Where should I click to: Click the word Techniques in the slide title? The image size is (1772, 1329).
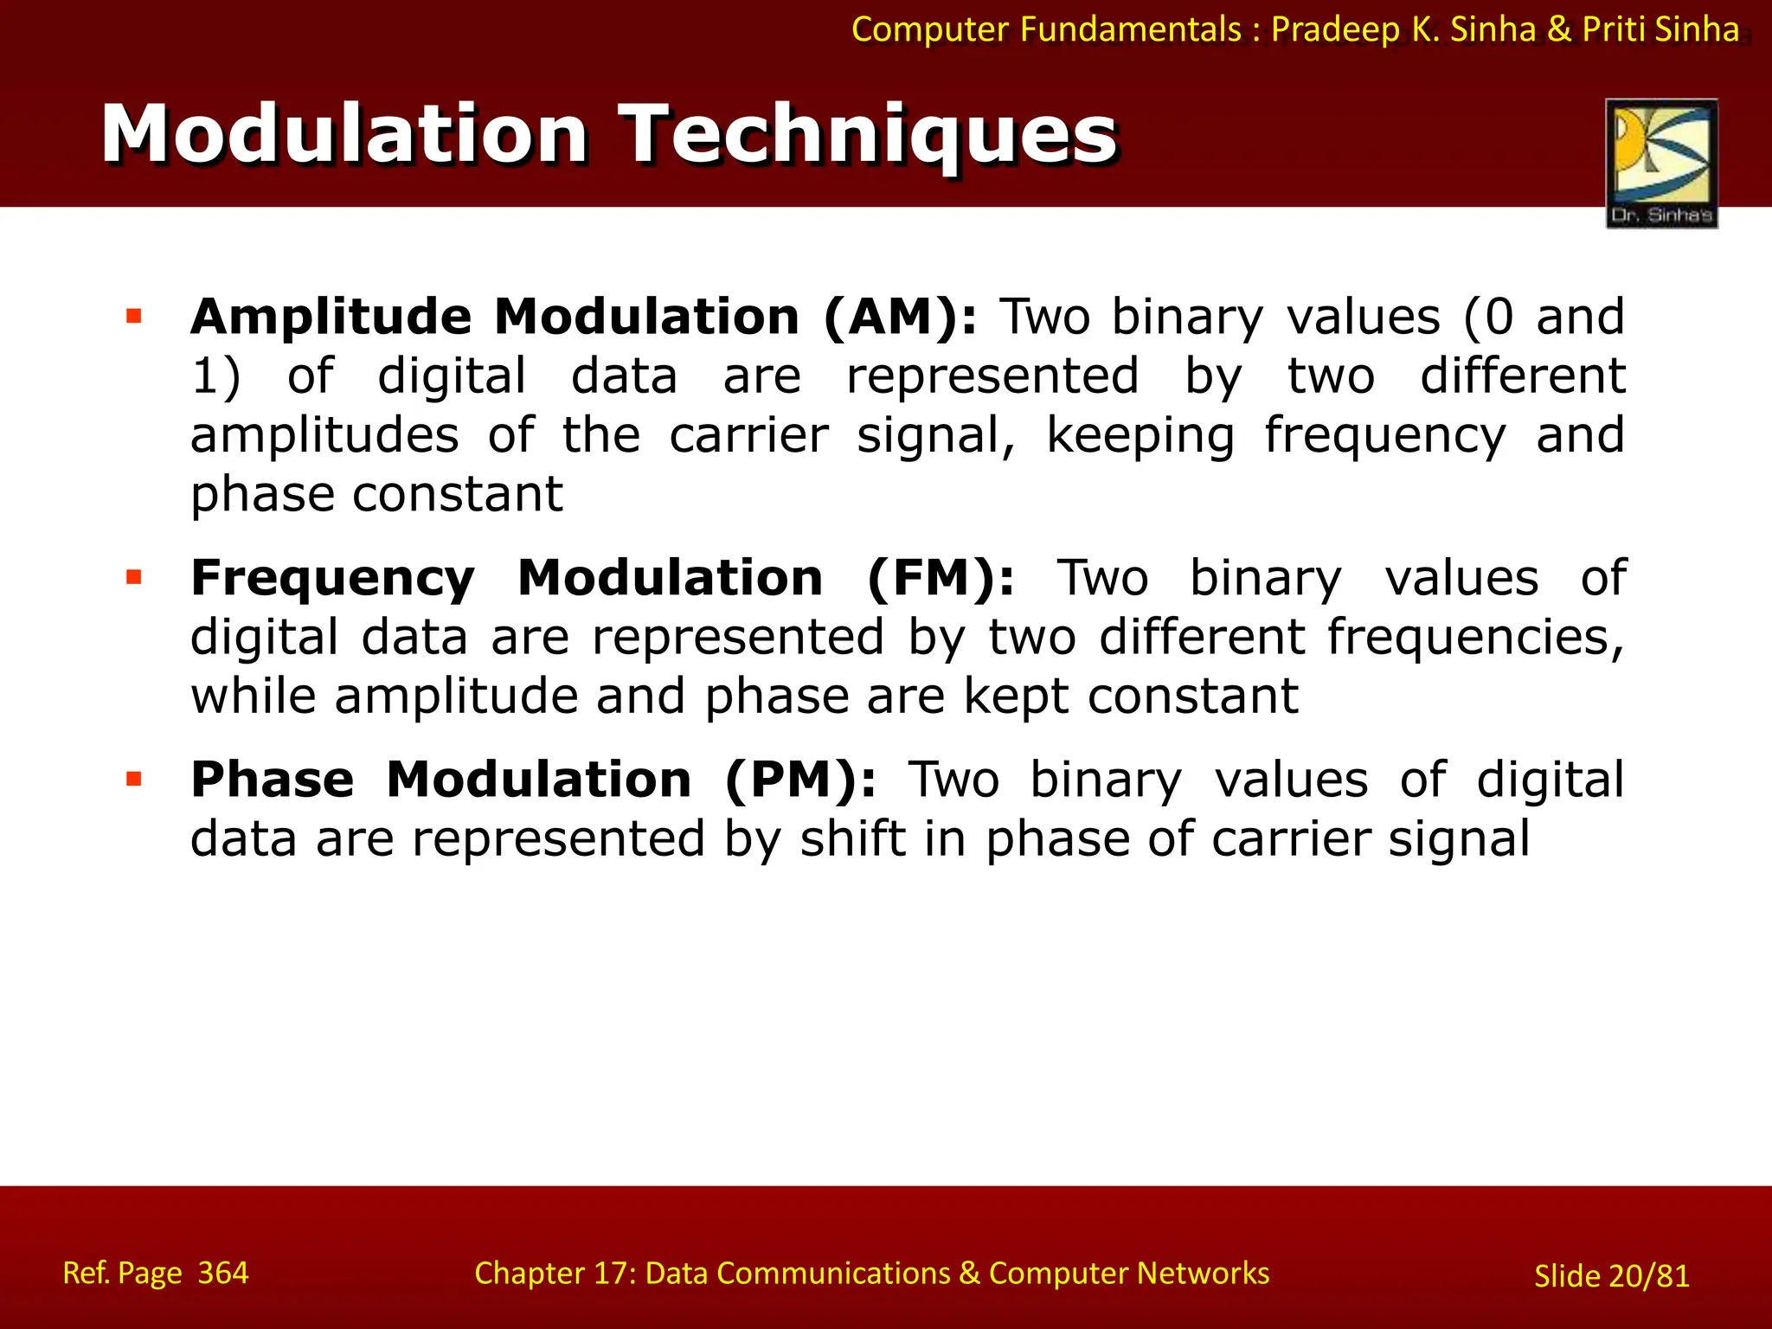[x=870, y=135]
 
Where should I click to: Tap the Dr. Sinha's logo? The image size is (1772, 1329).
[x=1661, y=163]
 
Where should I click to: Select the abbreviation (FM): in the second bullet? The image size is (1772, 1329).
[x=941, y=578]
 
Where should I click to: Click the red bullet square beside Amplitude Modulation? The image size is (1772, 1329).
[x=133, y=316]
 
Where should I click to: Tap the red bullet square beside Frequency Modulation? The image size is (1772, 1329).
[x=133, y=577]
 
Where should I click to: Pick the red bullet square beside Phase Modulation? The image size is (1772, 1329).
[x=133, y=780]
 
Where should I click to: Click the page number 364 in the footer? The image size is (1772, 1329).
[x=223, y=1273]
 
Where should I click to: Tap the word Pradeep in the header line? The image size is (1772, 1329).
[x=1335, y=30]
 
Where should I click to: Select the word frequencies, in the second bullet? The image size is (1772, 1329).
[x=1475, y=639]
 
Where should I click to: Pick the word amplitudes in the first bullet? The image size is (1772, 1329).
[x=324, y=435]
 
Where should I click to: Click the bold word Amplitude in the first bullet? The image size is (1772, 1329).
[x=331, y=317]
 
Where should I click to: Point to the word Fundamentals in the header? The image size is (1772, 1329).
[x=1131, y=30]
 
